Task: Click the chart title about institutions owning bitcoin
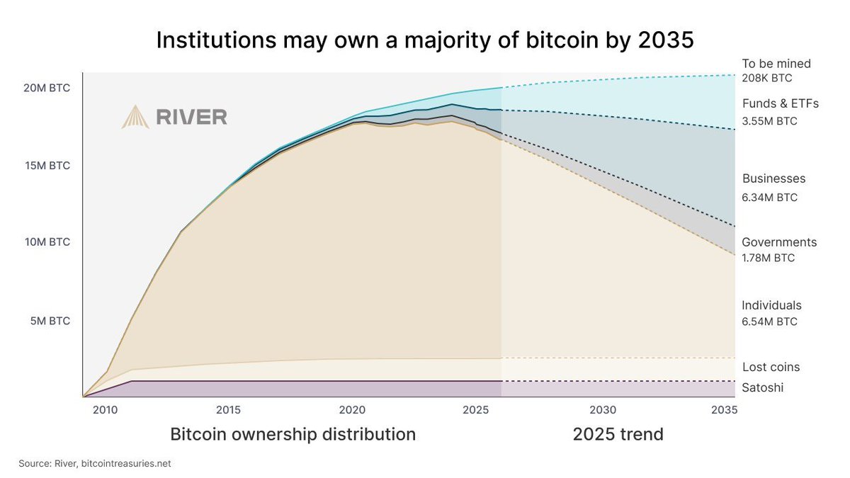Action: [x=424, y=40]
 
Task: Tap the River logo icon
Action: [x=135, y=117]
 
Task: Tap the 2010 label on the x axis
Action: [x=105, y=409]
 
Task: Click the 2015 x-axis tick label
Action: [x=227, y=409]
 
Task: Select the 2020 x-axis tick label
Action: [x=352, y=409]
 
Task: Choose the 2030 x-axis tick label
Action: [x=601, y=409]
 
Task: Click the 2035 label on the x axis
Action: [x=722, y=409]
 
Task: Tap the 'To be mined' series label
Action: [x=776, y=64]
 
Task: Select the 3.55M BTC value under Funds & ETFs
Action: [x=769, y=121]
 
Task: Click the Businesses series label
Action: [x=773, y=179]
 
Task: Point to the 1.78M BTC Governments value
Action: [x=768, y=258]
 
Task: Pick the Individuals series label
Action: [x=771, y=305]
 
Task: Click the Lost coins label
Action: [x=771, y=367]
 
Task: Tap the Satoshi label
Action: [x=762, y=387]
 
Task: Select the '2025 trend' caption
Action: [x=618, y=434]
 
